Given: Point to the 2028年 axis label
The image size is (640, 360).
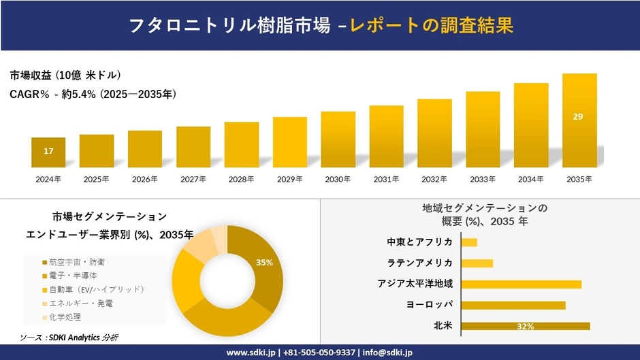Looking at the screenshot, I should tap(241, 179).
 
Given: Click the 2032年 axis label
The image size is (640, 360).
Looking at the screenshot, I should tap(434, 179).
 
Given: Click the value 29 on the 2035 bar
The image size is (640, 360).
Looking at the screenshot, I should tap(578, 117).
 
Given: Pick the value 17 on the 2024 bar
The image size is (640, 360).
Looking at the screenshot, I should tap(48, 151).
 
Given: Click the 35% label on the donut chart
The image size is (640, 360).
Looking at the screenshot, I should tap(264, 262).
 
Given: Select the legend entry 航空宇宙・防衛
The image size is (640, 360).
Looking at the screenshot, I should tap(78, 262).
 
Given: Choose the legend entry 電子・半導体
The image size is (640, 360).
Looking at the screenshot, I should tap(74, 276).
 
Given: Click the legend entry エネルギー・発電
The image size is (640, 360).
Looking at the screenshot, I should tap(78, 303).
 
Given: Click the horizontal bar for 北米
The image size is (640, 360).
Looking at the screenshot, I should tap(525, 326).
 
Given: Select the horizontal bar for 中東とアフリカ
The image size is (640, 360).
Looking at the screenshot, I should tap(469, 242).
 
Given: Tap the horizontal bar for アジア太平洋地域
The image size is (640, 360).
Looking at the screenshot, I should tap(521, 284).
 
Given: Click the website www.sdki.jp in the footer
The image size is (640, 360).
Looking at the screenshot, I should tap(251, 353).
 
